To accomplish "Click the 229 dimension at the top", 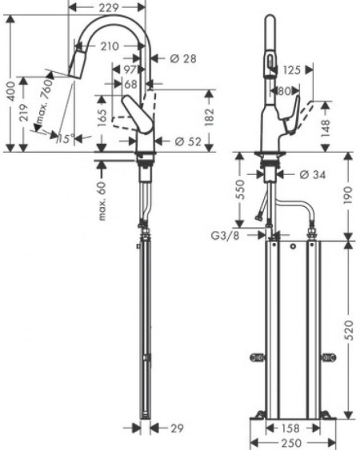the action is pyautogui.click(x=109, y=7).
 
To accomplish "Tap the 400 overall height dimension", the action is pyautogui.click(x=11, y=91).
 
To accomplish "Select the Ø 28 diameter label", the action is pyautogui.click(x=183, y=59).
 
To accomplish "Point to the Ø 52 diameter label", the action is pyautogui.click(x=188, y=141).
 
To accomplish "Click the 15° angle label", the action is pyautogui.click(x=66, y=139).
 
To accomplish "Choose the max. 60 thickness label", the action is pyautogui.click(x=102, y=201).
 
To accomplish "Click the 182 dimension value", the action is pyautogui.click(x=209, y=117).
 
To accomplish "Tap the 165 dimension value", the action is pyautogui.click(x=102, y=117).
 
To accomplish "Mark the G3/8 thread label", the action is pyautogui.click(x=226, y=236).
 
